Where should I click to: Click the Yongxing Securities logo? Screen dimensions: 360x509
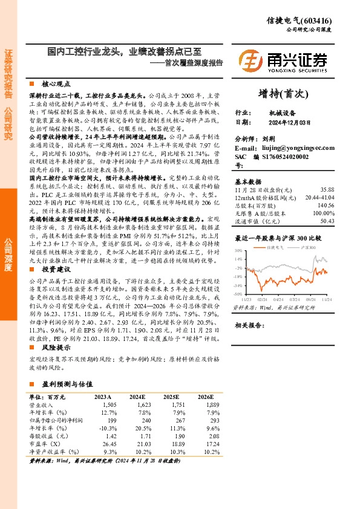pos(283,60)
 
